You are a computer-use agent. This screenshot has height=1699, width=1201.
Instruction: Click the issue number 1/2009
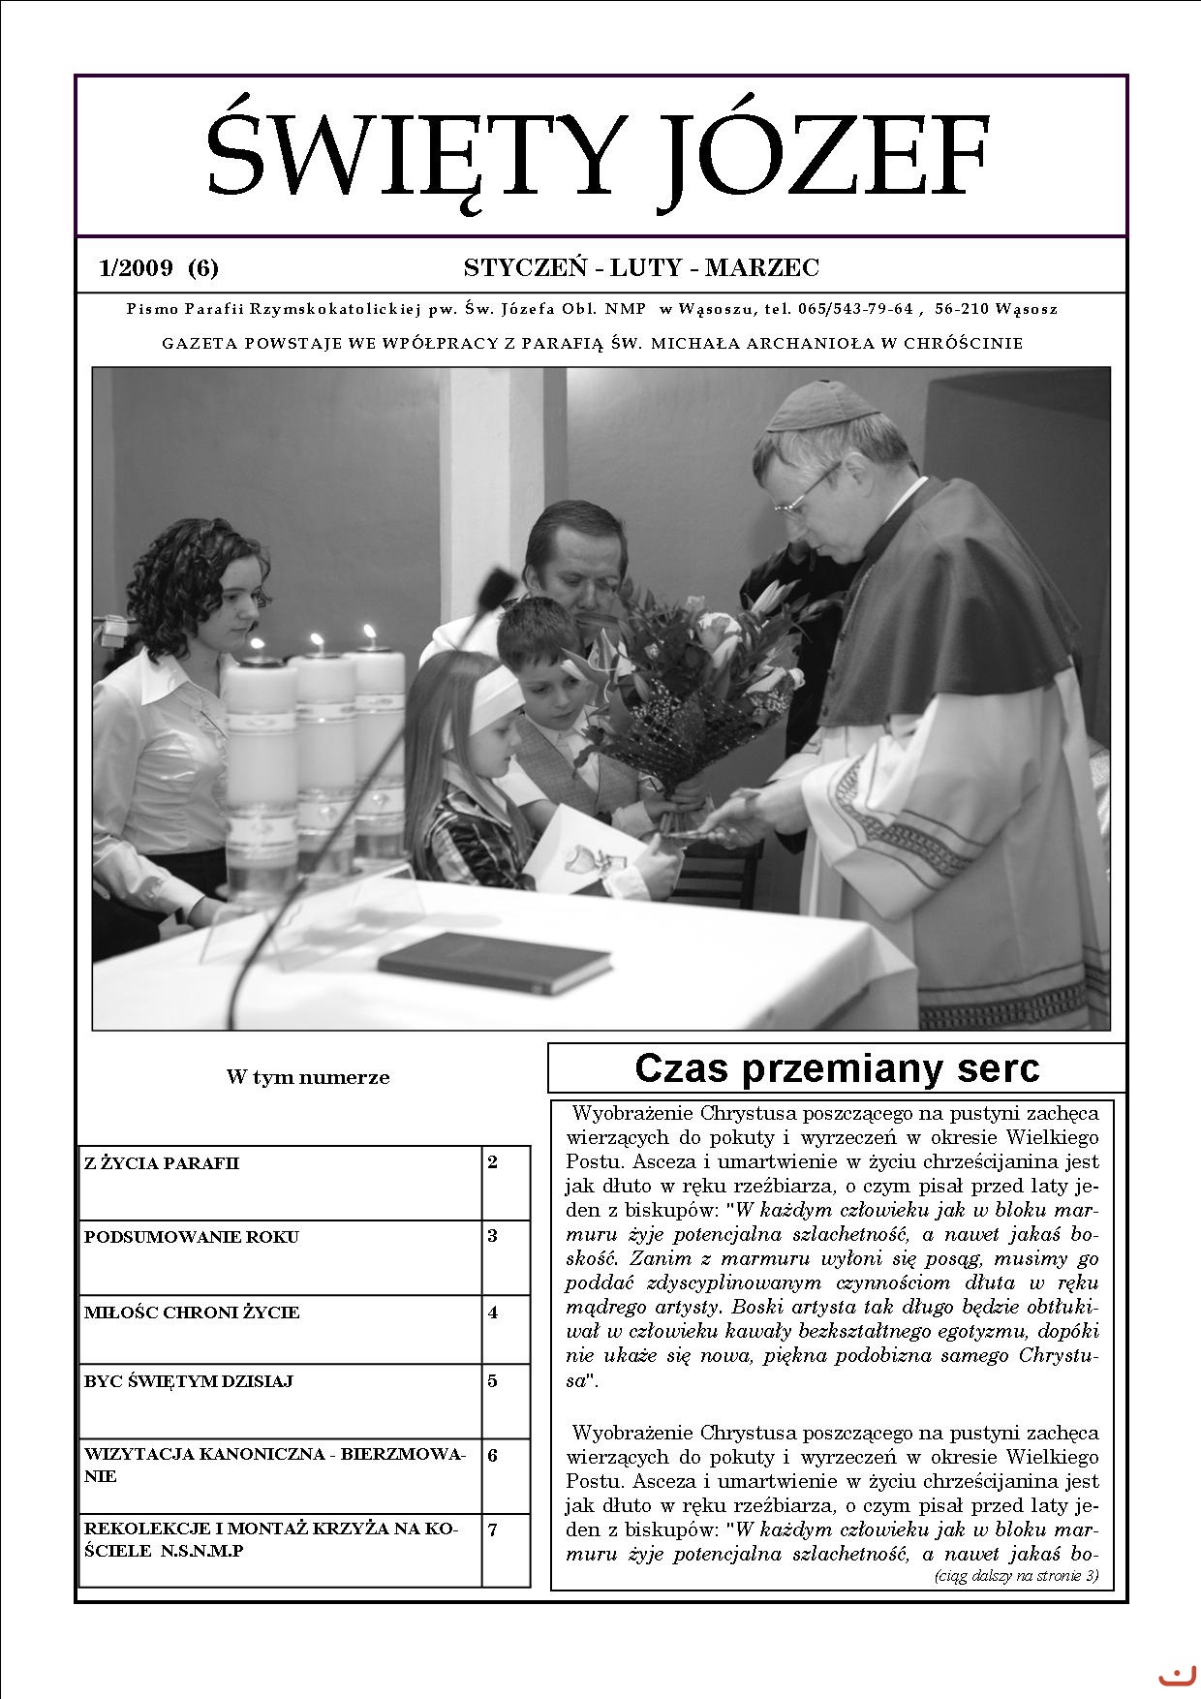[136, 267]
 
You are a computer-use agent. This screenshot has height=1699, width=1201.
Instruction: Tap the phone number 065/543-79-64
[855, 310]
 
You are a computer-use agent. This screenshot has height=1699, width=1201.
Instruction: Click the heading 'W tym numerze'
[308, 1077]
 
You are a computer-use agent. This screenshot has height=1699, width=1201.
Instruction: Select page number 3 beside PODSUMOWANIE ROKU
[493, 1237]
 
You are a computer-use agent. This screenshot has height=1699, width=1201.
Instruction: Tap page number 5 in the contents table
[493, 1381]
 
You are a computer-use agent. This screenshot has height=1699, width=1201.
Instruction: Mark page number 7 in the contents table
[493, 1529]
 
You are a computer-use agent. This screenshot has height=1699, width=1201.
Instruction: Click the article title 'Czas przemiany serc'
[837, 1068]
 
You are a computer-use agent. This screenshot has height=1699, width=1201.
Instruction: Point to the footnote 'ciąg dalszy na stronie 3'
[1016, 1576]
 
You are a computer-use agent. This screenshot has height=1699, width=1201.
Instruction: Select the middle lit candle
[325, 736]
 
